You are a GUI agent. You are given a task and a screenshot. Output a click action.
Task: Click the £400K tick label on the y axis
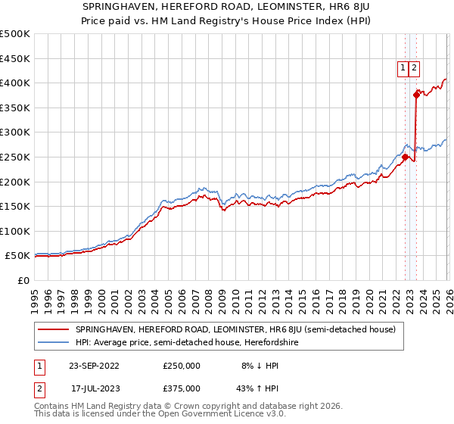[x=15, y=83]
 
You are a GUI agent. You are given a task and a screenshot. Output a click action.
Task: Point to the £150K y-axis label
[x=15, y=206]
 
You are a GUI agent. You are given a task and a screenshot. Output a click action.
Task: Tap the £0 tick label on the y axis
[x=24, y=280]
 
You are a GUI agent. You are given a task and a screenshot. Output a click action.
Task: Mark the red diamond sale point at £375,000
[x=416, y=95]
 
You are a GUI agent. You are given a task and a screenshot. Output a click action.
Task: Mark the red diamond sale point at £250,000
[x=405, y=157]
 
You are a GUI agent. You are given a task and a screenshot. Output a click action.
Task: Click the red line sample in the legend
[x=54, y=329]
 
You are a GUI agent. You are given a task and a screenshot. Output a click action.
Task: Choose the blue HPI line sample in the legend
[x=54, y=342]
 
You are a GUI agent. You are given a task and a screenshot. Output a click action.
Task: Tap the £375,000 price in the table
[x=182, y=388]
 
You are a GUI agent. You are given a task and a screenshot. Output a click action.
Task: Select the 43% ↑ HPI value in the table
[x=261, y=388]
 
